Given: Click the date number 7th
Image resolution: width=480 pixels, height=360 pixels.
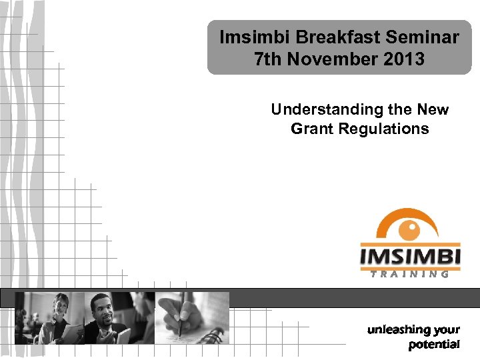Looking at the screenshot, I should click(x=268, y=59).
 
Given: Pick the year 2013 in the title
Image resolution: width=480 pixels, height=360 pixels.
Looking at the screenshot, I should click(x=403, y=59).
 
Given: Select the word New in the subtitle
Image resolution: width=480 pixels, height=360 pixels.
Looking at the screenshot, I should click(x=432, y=109).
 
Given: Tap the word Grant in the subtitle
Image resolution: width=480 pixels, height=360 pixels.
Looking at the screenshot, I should click(x=314, y=129).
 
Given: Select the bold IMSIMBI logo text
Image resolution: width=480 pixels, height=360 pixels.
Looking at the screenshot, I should click(x=409, y=257).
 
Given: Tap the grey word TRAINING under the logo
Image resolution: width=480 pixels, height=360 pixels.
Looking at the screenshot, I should click(x=409, y=274).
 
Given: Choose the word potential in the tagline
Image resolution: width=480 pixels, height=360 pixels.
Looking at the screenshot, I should click(x=433, y=345).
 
